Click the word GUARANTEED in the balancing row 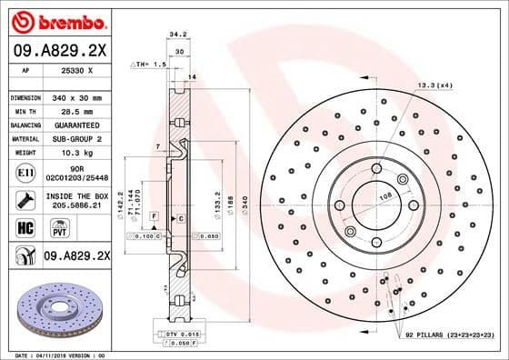click(x=75, y=125)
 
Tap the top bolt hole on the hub click(x=375, y=168)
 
